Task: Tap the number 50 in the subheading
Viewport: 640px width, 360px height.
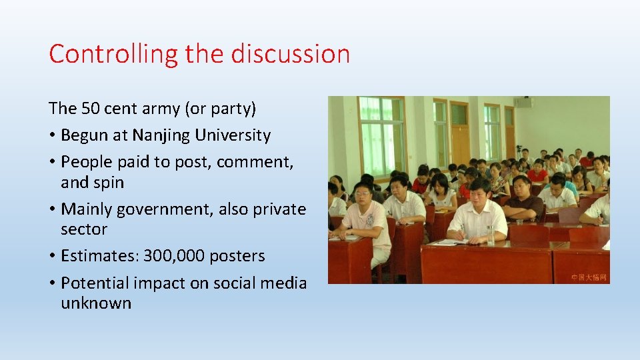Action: point(90,108)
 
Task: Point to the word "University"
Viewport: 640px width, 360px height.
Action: point(233,135)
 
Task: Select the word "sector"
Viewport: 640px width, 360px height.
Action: point(84,229)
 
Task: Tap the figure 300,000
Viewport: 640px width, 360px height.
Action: point(179,256)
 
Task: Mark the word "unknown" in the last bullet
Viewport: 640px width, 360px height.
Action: point(96,303)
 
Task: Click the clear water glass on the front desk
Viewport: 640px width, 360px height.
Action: point(491,234)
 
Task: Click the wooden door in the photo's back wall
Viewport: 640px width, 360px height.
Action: point(460,133)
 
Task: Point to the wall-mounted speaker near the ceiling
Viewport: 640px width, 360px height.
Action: point(523,102)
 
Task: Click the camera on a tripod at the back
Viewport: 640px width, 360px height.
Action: point(519,150)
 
